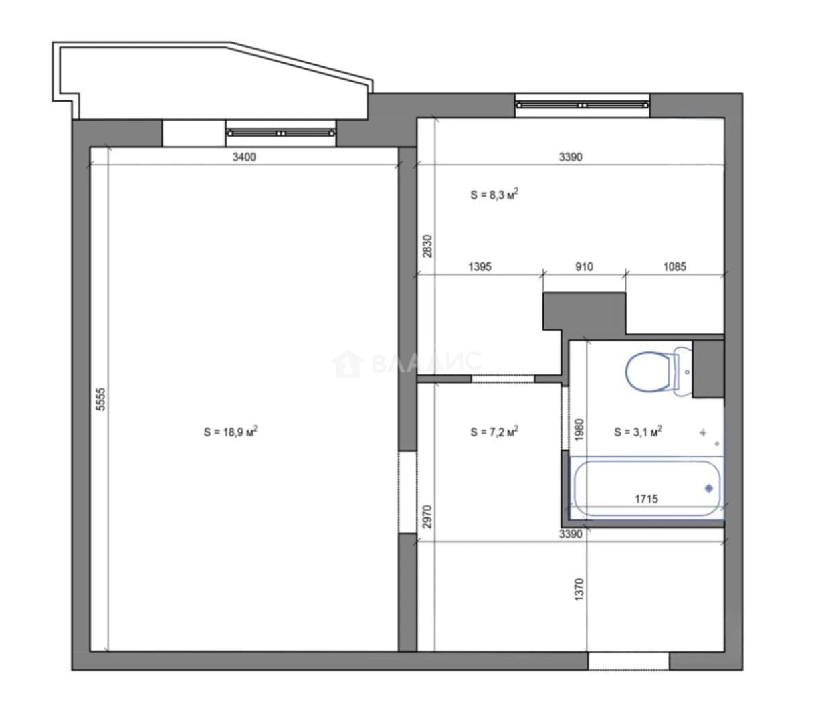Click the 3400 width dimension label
pyautogui.click(x=244, y=157)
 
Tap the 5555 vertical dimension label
pyautogui.click(x=101, y=399)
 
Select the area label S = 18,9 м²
pyautogui.click(x=230, y=432)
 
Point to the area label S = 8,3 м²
pyautogui.click(x=494, y=195)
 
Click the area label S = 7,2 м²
pyautogui.click(x=494, y=432)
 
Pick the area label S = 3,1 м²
pyautogui.click(x=637, y=432)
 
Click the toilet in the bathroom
pyautogui.click(x=658, y=371)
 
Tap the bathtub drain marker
pyautogui.click(x=709, y=488)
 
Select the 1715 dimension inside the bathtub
pyautogui.click(x=646, y=499)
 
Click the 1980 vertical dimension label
pyautogui.click(x=579, y=430)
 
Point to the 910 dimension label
pyautogui.click(x=584, y=266)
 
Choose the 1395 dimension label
pyautogui.click(x=480, y=266)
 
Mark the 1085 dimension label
pyautogui.click(x=674, y=266)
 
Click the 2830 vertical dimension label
pyautogui.click(x=427, y=246)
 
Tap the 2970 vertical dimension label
pyautogui.click(x=427, y=517)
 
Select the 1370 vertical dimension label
pyautogui.click(x=579, y=590)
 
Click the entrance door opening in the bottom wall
pyautogui.click(x=628, y=661)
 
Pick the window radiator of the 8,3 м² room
pyautogui.click(x=582, y=105)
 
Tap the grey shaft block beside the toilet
pyautogui.click(x=708, y=369)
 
